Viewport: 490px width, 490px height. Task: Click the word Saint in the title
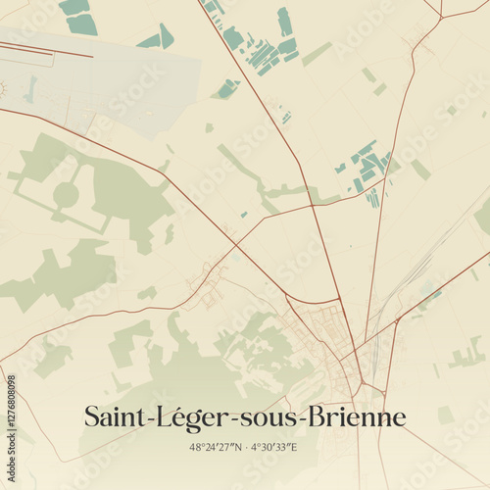pos(111,417)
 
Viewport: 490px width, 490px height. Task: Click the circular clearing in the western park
pos(66,195)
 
